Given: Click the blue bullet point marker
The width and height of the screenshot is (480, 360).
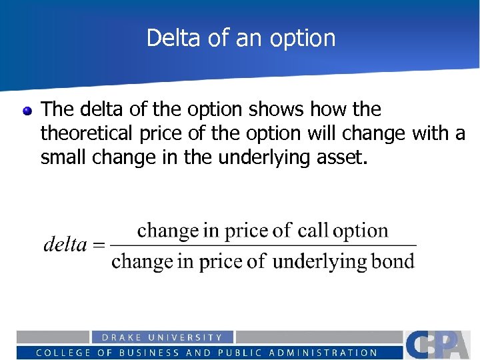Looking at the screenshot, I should tap(27, 111).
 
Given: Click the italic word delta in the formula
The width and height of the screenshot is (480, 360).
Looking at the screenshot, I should tap(65, 245).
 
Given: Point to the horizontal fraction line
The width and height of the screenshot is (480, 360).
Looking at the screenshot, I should tap(263, 245).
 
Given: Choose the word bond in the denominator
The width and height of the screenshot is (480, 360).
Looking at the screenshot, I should tap(393, 261).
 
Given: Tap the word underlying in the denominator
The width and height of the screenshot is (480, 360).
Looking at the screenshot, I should tap(319, 261).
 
